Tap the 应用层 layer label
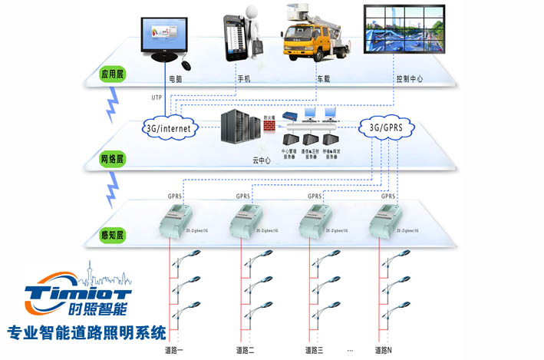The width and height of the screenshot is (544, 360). [x=111, y=74]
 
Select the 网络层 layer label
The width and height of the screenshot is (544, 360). [x=111, y=159]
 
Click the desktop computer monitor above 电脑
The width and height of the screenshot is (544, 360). [x=163, y=38]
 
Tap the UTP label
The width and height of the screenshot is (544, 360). [x=157, y=97]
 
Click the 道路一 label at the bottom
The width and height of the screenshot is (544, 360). [x=174, y=350]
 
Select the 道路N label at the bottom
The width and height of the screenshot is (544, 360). [x=384, y=350]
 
